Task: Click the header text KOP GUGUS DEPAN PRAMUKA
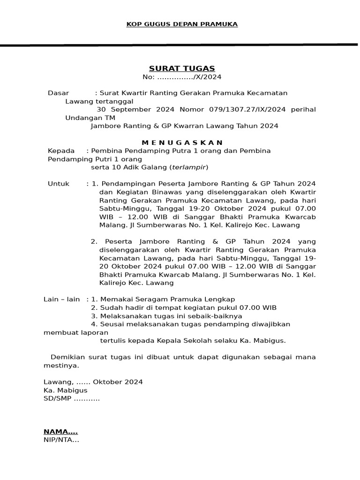[182, 24]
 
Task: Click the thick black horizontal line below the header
[180, 45]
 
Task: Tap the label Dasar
[58, 93]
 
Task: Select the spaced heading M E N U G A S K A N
[182, 142]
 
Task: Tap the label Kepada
[61, 151]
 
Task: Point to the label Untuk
[59, 183]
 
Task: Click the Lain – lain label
[61, 299]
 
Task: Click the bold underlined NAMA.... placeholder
[60, 432]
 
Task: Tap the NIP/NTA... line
[61, 440]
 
